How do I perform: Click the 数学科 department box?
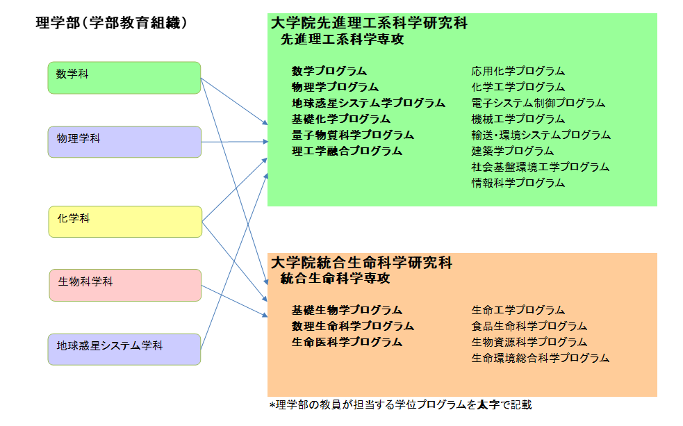click(x=124, y=78)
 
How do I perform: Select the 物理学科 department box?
click(x=124, y=142)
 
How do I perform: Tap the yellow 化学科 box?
click(x=125, y=222)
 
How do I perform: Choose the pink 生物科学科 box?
click(x=125, y=286)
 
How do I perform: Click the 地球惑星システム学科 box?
click(x=124, y=350)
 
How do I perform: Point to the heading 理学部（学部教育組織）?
click(x=111, y=23)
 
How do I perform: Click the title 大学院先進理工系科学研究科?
click(x=369, y=23)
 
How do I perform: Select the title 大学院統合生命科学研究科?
click(x=361, y=263)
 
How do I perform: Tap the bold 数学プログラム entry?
click(x=329, y=71)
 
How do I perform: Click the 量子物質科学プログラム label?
click(x=353, y=135)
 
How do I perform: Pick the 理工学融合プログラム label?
click(x=347, y=151)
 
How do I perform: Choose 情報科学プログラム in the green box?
click(x=518, y=183)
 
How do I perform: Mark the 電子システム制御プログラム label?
click(x=538, y=104)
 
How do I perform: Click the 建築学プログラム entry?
click(x=512, y=151)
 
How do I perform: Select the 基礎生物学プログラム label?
click(x=347, y=310)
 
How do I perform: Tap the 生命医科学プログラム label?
click(x=347, y=343)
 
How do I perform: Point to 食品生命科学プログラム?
click(x=529, y=326)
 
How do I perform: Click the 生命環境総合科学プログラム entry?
click(x=540, y=358)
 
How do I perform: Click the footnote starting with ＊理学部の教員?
click(x=401, y=405)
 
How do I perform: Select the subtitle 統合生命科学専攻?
click(x=336, y=279)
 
